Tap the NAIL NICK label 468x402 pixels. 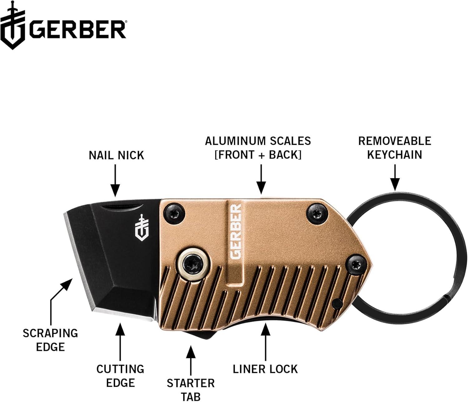pyautogui.click(x=116, y=155)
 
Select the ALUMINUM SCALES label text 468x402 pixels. pyautogui.click(x=258, y=148)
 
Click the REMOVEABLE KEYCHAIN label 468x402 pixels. pyautogui.click(x=394, y=148)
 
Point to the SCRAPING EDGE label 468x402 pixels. pyautogui.click(x=50, y=340)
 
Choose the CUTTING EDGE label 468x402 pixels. pyautogui.click(x=120, y=376)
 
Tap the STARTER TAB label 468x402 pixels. pyautogui.click(x=191, y=389)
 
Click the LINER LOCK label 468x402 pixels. pyautogui.click(x=265, y=369)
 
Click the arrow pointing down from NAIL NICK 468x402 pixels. pyautogui.click(x=115, y=181)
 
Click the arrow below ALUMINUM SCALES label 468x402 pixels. pyautogui.click(x=261, y=179)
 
